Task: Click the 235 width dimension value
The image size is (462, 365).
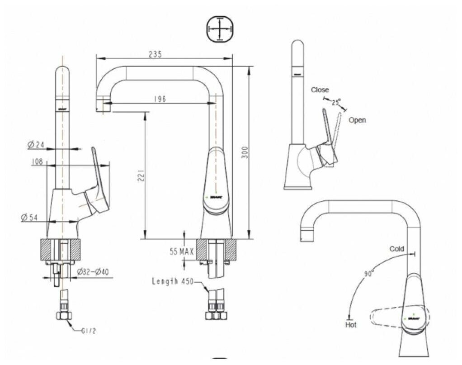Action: [x=155, y=54]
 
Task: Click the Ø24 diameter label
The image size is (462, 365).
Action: [x=36, y=145]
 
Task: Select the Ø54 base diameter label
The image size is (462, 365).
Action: [x=30, y=217]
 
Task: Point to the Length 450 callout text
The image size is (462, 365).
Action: [x=173, y=281]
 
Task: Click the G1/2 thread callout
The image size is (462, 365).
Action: [x=89, y=331]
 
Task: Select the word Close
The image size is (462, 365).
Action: [x=320, y=90]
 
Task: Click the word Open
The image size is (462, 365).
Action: [x=357, y=120]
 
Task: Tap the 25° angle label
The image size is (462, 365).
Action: [x=335, y=103]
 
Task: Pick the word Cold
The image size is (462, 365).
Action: [x=396, y=249]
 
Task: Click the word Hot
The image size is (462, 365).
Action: [x=351, y=324]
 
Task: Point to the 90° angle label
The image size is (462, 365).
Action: [x=368, y=274]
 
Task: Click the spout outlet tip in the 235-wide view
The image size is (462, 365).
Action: [x=104, y=107]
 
